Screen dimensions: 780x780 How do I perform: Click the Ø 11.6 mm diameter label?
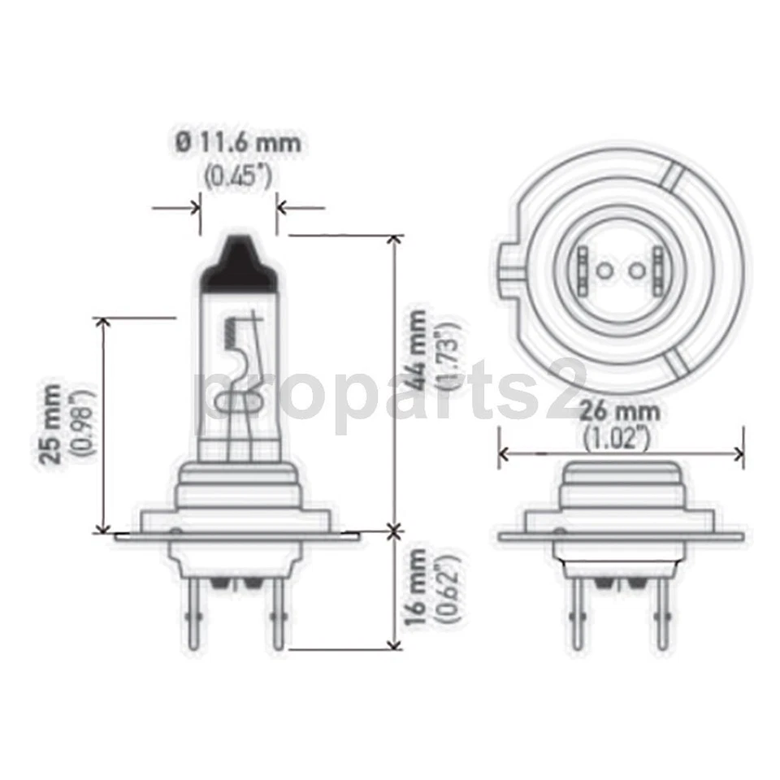(238, 144)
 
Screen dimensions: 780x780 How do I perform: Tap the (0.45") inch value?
(238, 174)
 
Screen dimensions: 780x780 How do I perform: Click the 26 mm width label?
(619, 411)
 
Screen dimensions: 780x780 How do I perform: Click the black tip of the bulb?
(239, 264)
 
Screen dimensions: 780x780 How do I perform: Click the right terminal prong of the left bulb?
(279, 613)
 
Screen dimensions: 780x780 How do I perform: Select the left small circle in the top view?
(603, 270)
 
